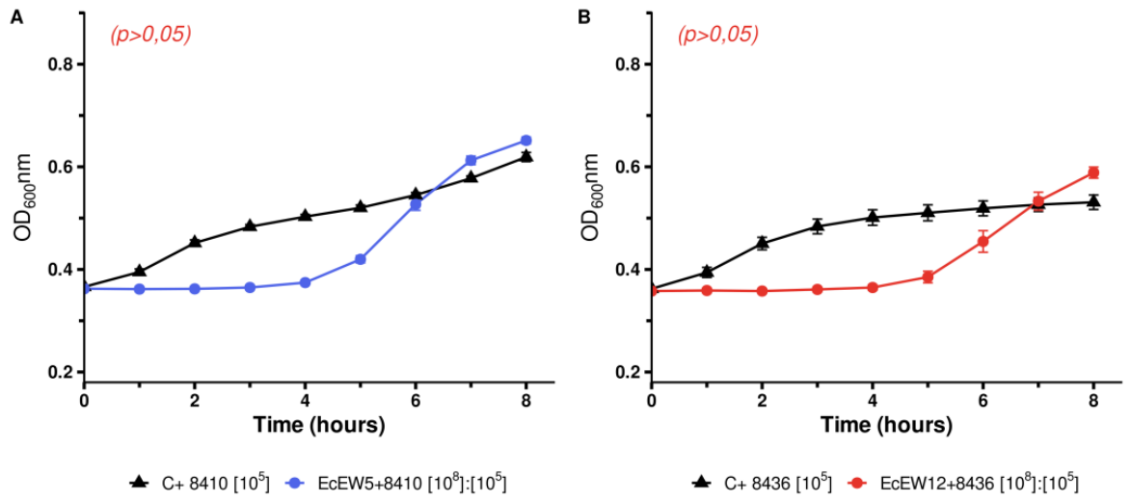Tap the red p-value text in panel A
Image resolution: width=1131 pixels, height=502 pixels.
point(150,35)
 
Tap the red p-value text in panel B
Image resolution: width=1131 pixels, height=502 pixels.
point(718,35)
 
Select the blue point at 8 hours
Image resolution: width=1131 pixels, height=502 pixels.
point(525,140)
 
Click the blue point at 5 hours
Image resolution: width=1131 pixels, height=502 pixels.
point(360,259)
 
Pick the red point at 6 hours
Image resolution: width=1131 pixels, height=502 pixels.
point(983,242)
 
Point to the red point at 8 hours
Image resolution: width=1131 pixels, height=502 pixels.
point(1093,172)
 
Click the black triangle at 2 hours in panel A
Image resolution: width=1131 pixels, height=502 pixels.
point(195,241)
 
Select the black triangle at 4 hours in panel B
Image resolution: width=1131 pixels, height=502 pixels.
point(872,217)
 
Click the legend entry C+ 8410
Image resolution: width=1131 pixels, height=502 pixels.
point(201,482)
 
